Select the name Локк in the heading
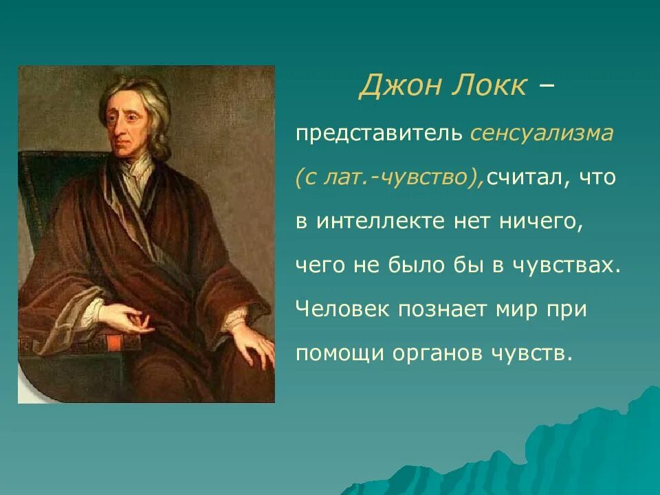(489, 85)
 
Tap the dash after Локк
(546, 87)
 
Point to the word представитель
(379, 134)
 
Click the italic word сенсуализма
(541, 134)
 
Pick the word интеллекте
(380, 221)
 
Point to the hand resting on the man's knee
(252, 344)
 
